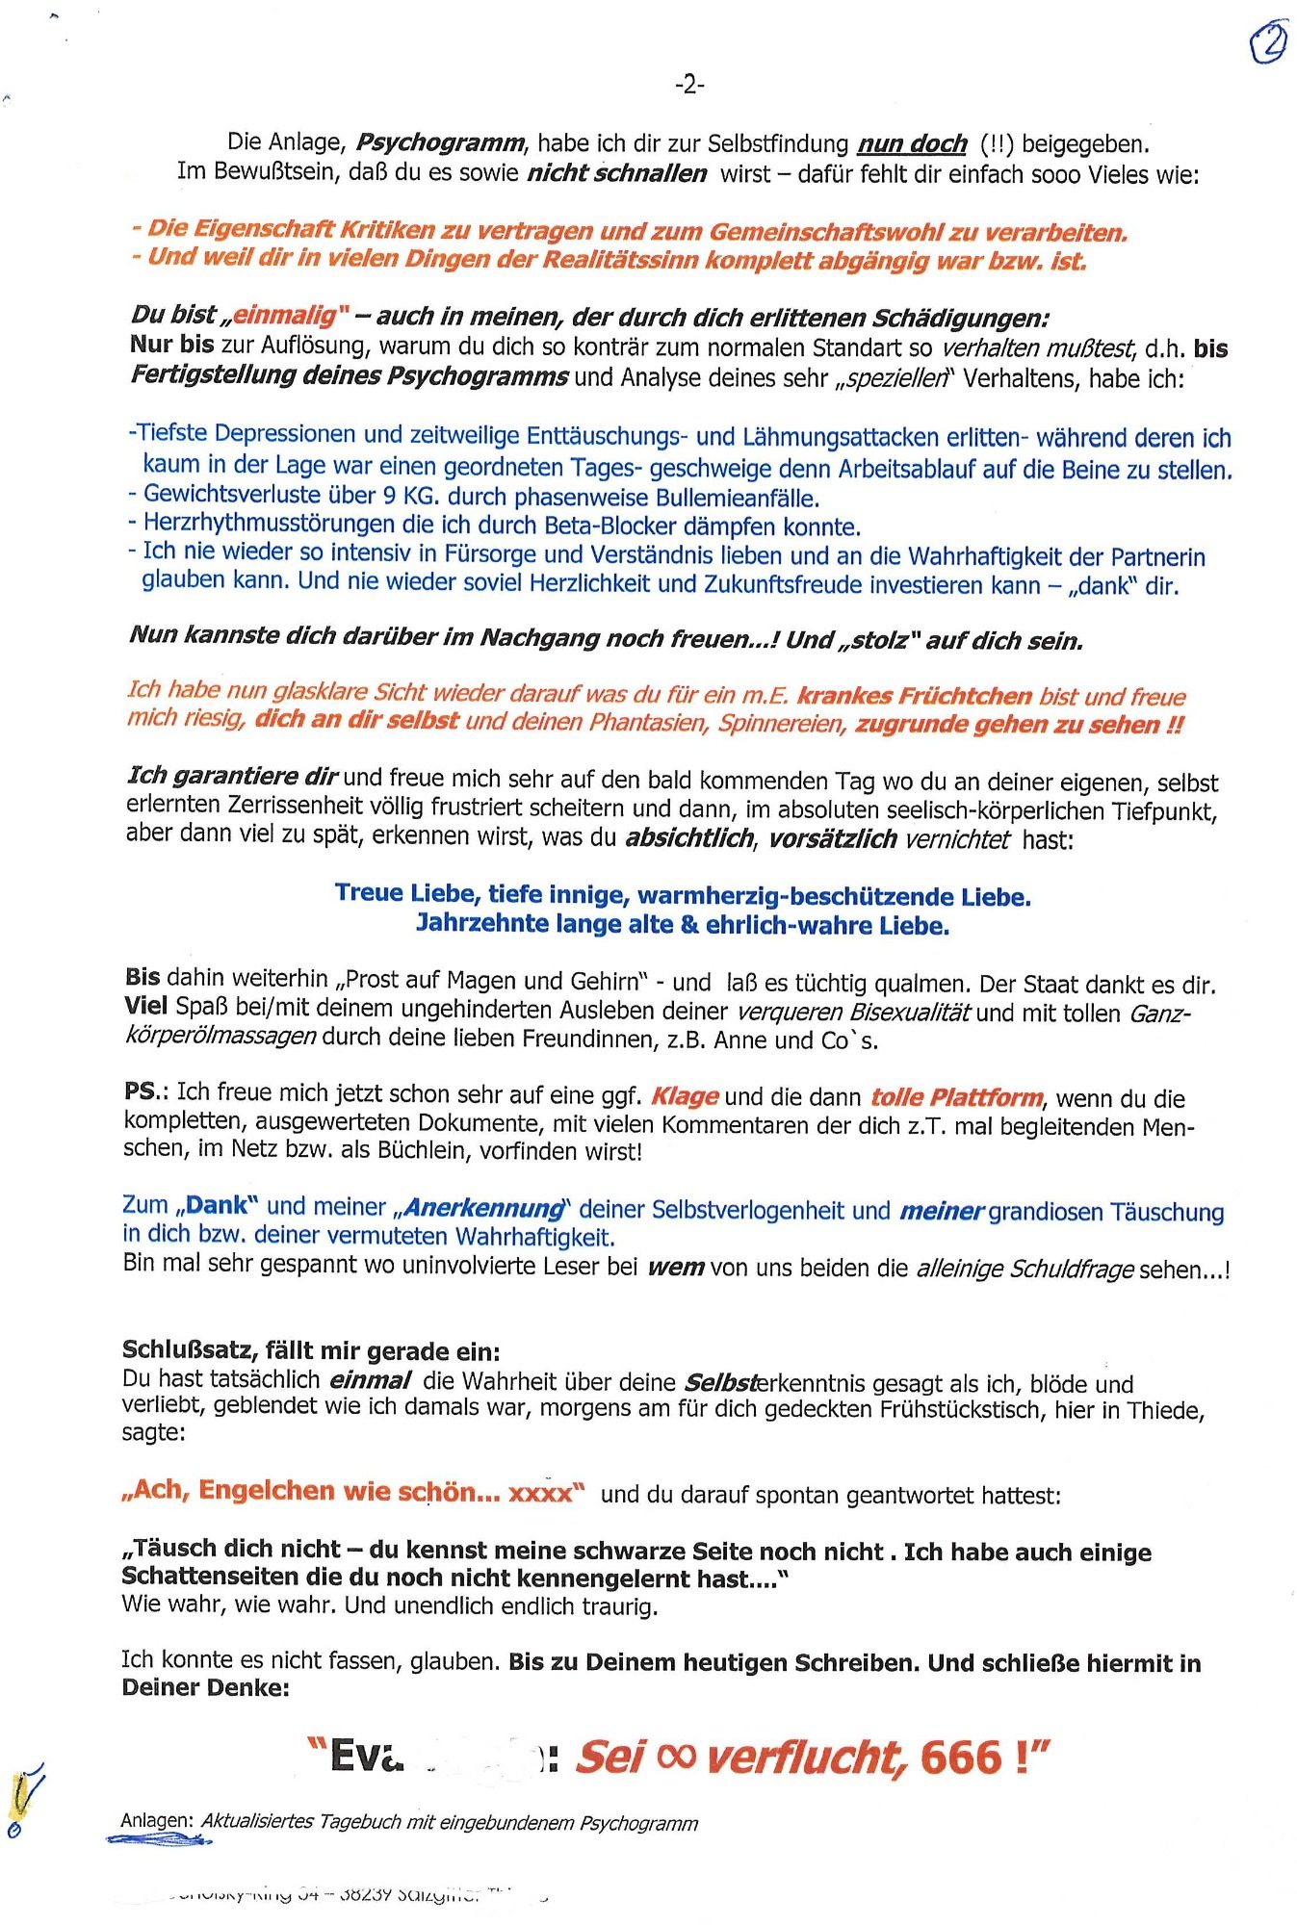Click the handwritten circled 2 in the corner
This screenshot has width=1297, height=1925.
pos(1268,43)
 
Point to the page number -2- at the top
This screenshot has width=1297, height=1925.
pos(688,86)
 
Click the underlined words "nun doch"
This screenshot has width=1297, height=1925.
pos(912,144)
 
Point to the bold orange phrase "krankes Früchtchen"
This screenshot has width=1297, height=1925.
pos(914,696)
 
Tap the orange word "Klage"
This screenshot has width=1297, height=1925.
pos(685,1096)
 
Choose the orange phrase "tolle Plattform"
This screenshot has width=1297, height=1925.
pos(956,1097)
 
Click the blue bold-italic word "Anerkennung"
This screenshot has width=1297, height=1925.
pos(484,1208)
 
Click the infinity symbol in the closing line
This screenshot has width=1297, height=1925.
pos(675,1757)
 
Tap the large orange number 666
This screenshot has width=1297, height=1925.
pos(961,1758)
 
